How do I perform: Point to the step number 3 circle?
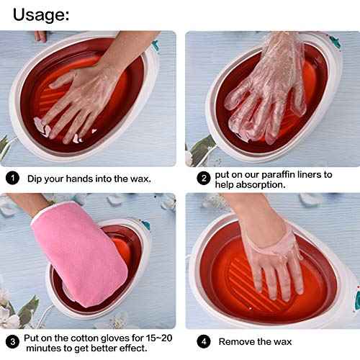pyautogui.click(x=12, y=341)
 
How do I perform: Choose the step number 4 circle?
pyautogui.click(x=204, y=341)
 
